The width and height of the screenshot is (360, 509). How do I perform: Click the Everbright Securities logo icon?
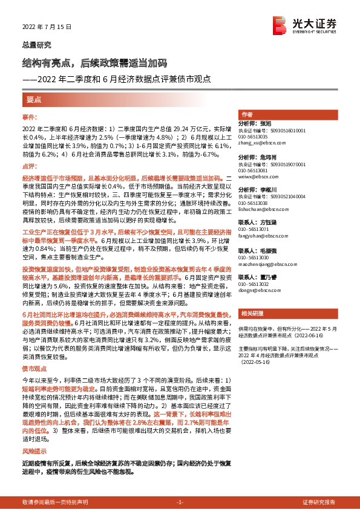279,25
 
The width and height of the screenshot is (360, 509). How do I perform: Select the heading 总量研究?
36,45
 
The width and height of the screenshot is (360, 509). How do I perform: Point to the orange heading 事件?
30,115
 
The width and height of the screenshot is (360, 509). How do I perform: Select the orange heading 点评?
30,165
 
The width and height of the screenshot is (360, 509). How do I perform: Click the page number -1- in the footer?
180,502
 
